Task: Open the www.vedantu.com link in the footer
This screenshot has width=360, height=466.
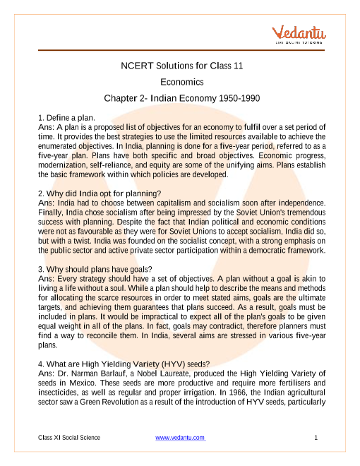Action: coord(180,439)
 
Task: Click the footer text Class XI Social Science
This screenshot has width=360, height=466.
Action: coord(69,439)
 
